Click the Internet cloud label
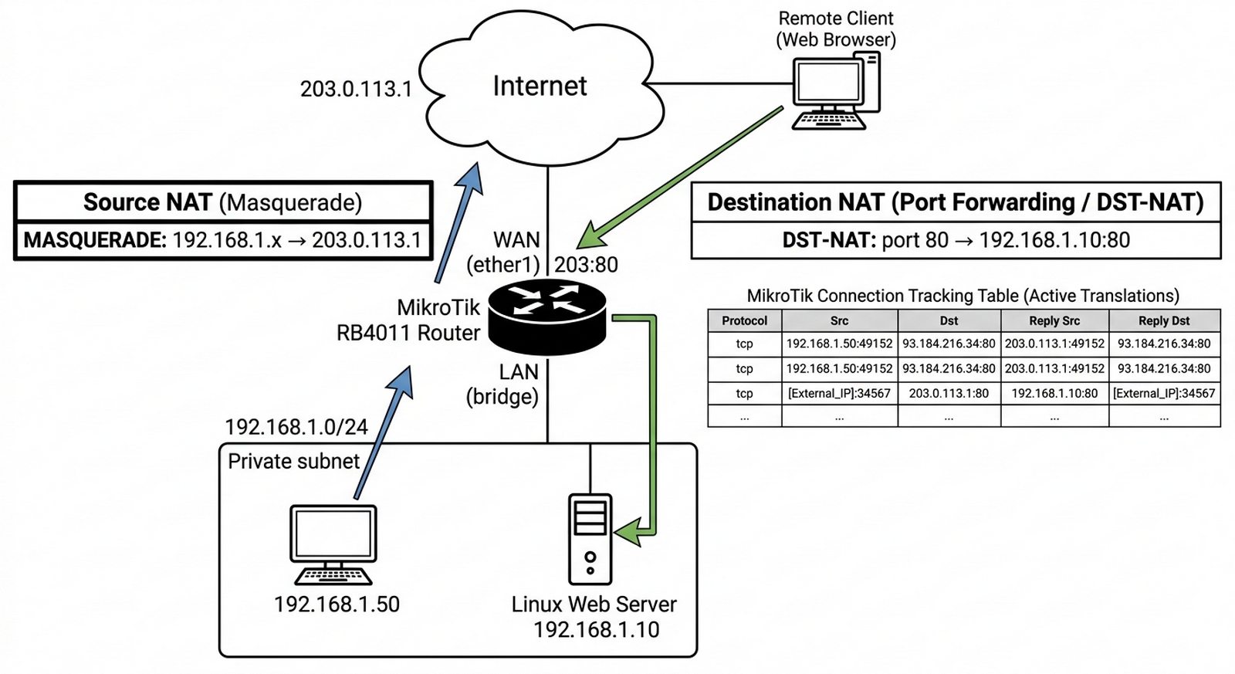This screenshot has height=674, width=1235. (540, 86)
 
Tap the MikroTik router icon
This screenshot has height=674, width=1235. (547, 317)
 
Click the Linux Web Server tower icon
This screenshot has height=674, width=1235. (590, 539)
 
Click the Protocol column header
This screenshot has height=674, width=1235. (744, 320)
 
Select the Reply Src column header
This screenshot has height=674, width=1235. (1054, 320)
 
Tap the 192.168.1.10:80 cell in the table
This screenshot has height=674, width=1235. (1054, 393)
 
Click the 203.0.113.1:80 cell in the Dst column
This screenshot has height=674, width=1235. (949, 393)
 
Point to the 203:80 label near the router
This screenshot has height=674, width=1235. (586, 265)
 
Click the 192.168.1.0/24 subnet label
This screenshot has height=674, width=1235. (296, 427)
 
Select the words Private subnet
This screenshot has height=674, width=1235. (293, 462)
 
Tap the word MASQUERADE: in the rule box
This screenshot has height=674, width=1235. (95, 240)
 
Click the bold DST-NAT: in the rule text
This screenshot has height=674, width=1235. (829, 240)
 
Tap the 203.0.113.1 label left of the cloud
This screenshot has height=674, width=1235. (356, 89)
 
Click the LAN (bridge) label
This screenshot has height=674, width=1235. (502, 384)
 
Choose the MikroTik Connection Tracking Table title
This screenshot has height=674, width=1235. (963, 296)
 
